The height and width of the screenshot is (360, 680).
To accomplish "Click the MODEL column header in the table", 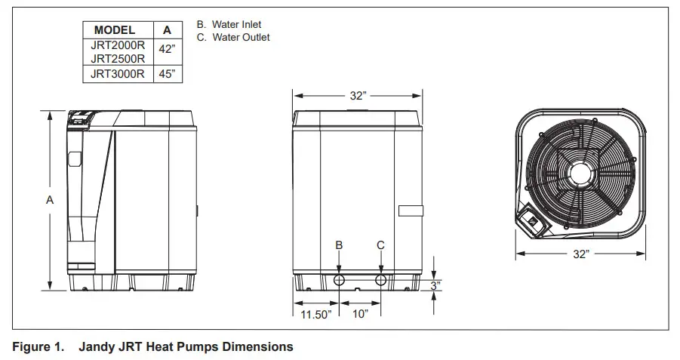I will point(115,30).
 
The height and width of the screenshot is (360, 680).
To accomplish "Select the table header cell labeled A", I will point(167,30).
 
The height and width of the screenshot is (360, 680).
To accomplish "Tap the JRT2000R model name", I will point(117,45).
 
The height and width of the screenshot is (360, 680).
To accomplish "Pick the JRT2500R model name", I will point(117,59).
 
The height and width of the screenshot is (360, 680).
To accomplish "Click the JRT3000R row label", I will point(117,74).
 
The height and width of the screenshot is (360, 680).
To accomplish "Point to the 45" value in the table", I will point(167,74).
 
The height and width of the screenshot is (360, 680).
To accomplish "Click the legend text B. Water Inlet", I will point(229,25).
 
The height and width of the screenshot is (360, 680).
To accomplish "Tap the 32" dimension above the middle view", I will point(358,96).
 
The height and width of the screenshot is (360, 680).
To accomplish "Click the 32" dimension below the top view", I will point(580,254).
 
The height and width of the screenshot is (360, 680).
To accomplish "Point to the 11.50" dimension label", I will point(315,314).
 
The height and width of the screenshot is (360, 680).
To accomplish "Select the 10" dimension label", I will point(360,314).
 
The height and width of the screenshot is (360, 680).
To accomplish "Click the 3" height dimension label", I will point(435,285).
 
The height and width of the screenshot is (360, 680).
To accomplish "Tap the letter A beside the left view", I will point(50,200).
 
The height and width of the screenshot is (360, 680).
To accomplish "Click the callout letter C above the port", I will point(380,245).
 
